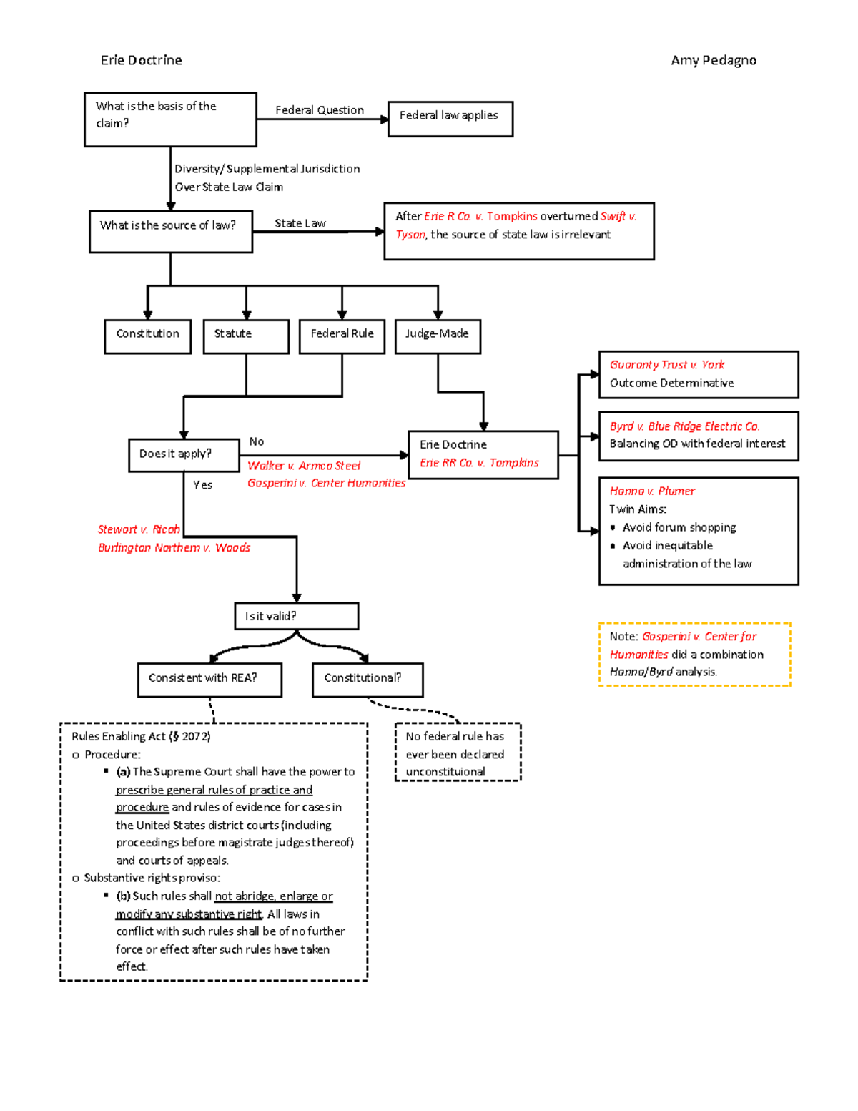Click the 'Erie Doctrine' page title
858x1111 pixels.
point(141,60)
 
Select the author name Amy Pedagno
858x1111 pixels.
point(713,60)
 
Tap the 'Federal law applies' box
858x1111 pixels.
point(450,118)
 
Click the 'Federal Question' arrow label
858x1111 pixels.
point(319,110)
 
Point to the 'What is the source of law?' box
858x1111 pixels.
point(170,230)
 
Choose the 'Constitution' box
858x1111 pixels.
point(147,336)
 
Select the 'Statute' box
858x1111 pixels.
point(245,336)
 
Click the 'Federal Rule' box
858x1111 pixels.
point(342,336)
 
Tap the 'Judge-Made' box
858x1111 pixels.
point(437,336)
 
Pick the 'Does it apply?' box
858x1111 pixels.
point(183,455)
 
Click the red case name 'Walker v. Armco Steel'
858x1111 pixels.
point(304,466)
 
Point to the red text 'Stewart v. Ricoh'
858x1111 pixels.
point(139,529)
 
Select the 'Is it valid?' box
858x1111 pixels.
point(296,615)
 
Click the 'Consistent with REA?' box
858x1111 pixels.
point(209,679)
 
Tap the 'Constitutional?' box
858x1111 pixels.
point(367,679)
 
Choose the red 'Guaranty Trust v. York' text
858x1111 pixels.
point(666,365)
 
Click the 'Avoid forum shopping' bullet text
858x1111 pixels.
point(679,527)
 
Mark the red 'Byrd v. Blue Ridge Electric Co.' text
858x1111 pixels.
point(684,426)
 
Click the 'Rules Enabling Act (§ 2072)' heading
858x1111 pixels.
point(141,736)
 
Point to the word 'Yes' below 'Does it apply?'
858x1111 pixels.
point(202,485)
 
